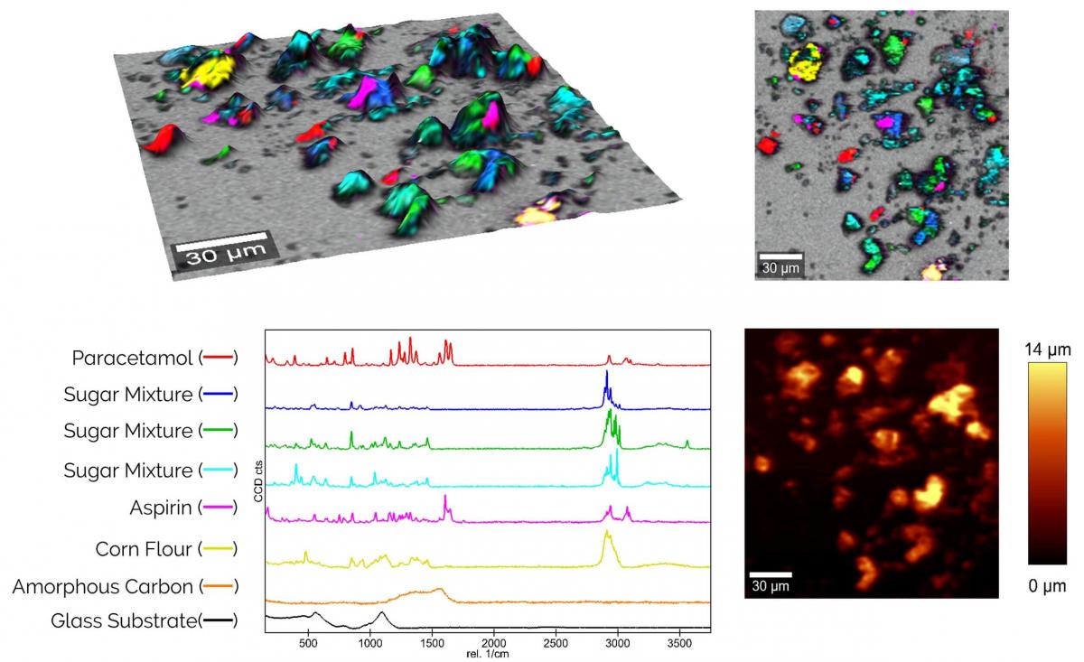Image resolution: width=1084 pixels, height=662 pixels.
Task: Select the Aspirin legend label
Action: (x=162, y=508)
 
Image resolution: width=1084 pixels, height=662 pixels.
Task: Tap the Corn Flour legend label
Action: (x=144, y=549)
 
